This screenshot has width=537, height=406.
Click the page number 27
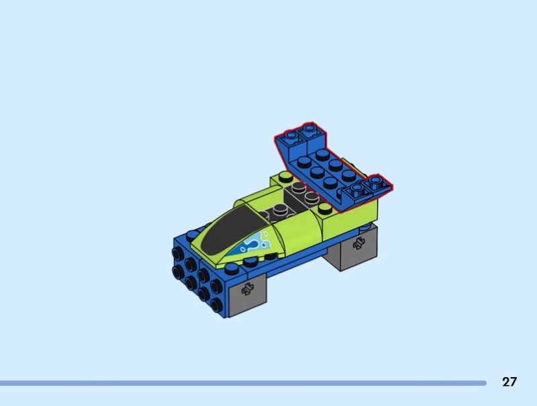tap(509, 382)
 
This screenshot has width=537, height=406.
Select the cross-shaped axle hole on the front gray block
tap(246, 289)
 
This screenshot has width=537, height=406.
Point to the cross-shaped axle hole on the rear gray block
tap(358, 243)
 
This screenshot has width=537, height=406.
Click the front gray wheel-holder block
tap(246, 295)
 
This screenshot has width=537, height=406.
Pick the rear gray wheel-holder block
tap(352, 247)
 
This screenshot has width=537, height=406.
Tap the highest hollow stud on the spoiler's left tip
tap(309, 129)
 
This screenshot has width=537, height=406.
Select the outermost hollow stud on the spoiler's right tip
tap(376, 180)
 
